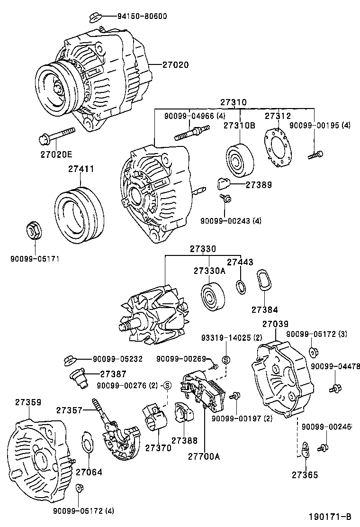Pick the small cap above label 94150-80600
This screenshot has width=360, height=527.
(x=93, y=18)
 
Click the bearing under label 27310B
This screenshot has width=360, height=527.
(x=239, y=160)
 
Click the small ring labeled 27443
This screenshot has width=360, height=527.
(x=240, y=287)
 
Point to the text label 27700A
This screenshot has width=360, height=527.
(x=204, y=456)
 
